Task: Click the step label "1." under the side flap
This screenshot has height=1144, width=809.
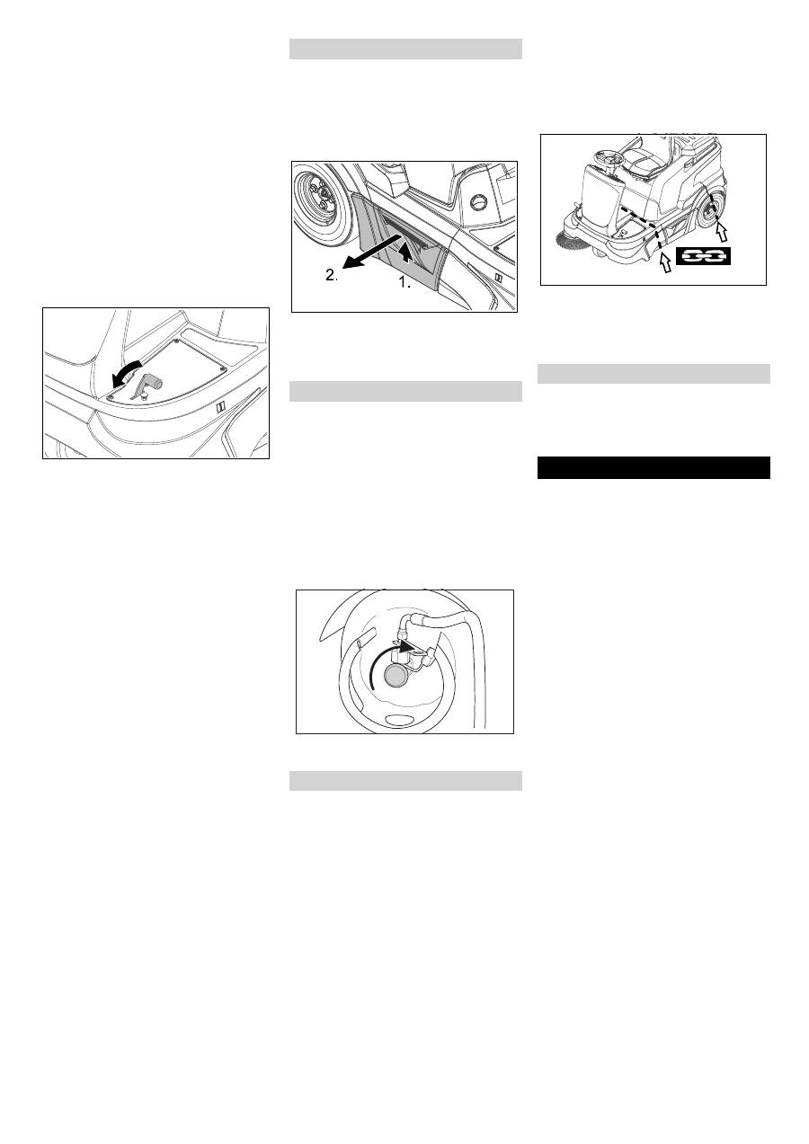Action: coord(404,282)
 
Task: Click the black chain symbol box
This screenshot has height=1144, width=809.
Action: coord(703,256)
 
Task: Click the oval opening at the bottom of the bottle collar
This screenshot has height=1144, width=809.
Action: coord(399,718)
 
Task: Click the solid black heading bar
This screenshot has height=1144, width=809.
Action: coord(653,467)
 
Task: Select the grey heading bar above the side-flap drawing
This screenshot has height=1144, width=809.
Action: coord(405,49)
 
